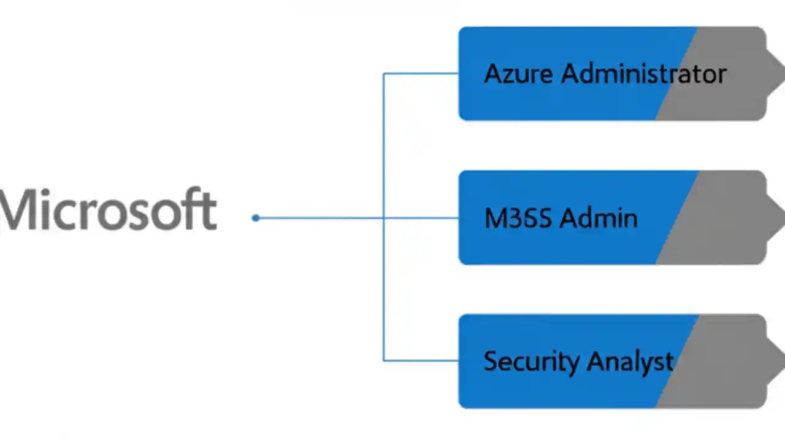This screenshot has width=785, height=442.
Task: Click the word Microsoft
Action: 109,210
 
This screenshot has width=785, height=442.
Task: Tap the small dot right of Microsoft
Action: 256,218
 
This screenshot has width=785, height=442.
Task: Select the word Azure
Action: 519,74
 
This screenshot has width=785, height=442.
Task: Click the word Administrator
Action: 644,74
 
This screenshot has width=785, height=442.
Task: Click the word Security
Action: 531,361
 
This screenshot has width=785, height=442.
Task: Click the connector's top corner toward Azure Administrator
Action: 384,74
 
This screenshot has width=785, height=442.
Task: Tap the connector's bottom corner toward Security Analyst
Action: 384,360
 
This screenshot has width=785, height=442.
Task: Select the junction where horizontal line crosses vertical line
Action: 384,218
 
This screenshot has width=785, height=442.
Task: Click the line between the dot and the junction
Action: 319,218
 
